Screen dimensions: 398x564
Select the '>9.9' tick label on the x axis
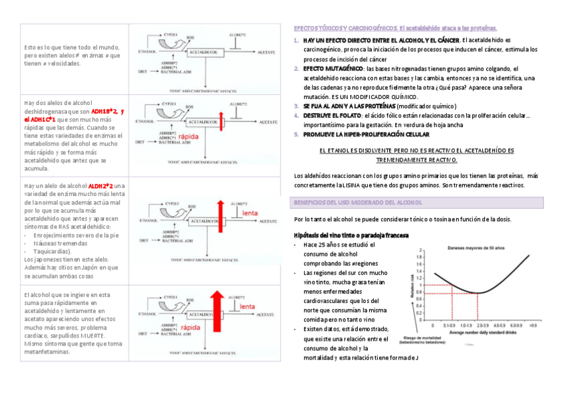(x=532, y=326)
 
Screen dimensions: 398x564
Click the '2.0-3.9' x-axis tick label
(x=483, y=326)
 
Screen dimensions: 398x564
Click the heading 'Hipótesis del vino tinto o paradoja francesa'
(x=351, y=235)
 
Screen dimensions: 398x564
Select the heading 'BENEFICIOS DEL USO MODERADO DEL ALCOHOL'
(x=358, y=202)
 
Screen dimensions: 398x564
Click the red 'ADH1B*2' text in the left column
(x=104, y=112)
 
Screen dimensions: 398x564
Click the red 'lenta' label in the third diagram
(x=249, y=213)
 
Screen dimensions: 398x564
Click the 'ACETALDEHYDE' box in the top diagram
(x=202, y=50)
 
